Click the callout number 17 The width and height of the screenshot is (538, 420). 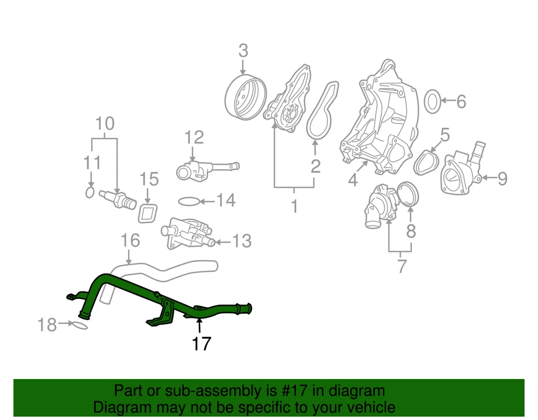click(x=201, y=343)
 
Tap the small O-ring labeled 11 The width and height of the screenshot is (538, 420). click(x=90, y=192)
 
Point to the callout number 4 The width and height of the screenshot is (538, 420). click(x=352, y=181)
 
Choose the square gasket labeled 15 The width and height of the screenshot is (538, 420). click(x=148, y=213)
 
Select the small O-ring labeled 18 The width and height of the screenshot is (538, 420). click(x=80, y=325)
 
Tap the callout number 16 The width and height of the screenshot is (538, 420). click(x=129, y=242)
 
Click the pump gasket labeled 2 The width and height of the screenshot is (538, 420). click(x=323, y=110)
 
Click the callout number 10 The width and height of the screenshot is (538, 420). click(x=105, y=123)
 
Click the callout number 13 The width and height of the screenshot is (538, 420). click(x=242, y=242)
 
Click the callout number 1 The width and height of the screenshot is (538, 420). click(x=294, y=207)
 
